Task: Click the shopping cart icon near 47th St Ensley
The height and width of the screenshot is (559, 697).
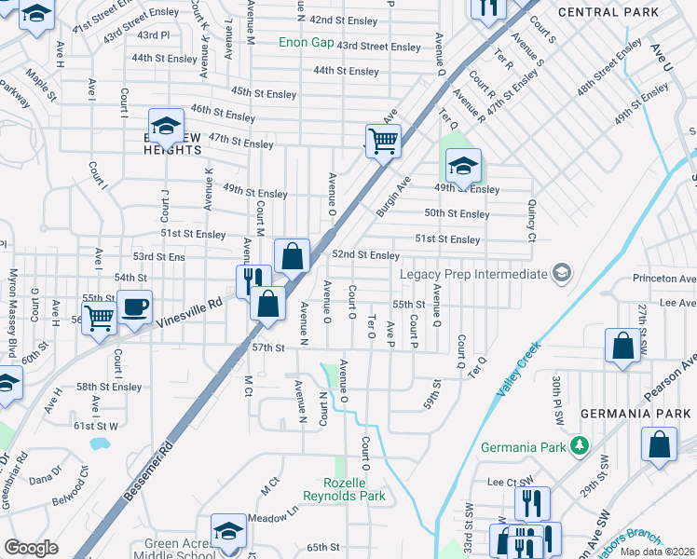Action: click(382, 142)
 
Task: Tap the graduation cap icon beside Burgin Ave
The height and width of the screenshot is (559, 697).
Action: click(463, 166)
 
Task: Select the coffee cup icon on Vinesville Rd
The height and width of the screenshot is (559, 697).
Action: click(134, 307)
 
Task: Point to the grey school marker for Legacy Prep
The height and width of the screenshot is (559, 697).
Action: click(561, 273)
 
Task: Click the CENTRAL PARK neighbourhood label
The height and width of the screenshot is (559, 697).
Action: click(608, 12)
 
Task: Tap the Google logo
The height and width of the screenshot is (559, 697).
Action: click(31, 548)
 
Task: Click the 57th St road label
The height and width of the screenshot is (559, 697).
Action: click(267, 348)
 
